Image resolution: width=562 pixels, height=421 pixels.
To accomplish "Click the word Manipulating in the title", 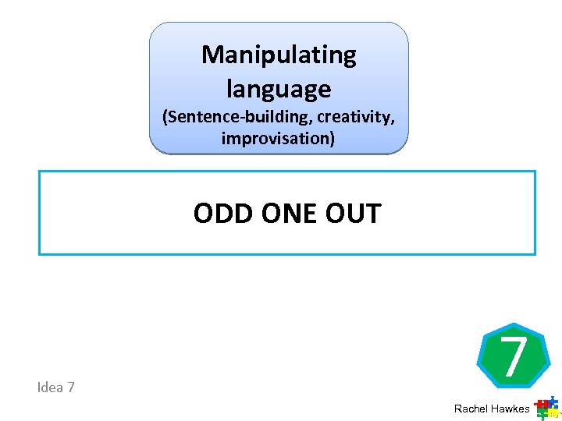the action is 279,56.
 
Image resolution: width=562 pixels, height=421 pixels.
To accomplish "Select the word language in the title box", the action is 279,90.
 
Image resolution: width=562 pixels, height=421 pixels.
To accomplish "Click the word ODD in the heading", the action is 221,214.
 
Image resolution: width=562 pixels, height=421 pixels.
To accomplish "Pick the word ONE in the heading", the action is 286,214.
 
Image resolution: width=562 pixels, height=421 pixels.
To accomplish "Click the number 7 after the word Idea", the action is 71,387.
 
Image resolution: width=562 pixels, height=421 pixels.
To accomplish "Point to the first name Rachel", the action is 471,409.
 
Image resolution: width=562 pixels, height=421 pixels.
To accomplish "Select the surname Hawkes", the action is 510,409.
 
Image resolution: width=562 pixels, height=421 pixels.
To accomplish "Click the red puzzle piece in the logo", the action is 542,405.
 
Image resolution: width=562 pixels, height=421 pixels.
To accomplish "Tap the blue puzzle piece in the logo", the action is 553,402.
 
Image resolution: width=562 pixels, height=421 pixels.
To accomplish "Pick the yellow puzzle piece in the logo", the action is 555,413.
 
